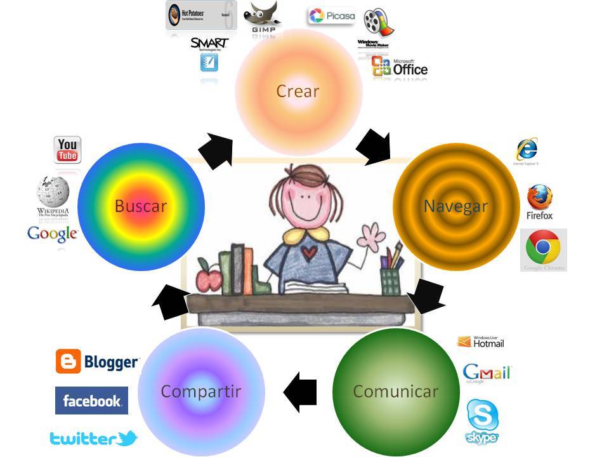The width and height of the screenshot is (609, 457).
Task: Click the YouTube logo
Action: (x=67, y=150)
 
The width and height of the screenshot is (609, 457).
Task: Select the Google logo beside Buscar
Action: (x=52, y=234)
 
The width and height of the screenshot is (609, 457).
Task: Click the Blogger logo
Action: (x=97, y=362)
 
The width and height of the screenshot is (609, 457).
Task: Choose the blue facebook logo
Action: (x=91, y=401)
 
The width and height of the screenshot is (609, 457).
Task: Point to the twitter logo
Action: (x=93, y=438)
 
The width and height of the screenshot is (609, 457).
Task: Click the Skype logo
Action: (x=483, y=421)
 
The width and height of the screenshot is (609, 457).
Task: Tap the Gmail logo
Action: (x=487, y=373)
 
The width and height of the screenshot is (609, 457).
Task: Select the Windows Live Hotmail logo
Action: (x=481, y=342)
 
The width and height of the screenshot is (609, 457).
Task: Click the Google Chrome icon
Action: (x=544, y=250)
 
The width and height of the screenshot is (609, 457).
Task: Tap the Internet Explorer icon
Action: (x=527, y=149)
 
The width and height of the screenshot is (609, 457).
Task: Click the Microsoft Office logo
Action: (x=400, y=67)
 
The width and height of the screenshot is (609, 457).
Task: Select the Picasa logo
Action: (x=332, y=16)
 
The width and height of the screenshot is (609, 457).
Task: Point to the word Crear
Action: (x=298, y=91)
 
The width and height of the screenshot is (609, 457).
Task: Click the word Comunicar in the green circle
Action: (x=395, y=391)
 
